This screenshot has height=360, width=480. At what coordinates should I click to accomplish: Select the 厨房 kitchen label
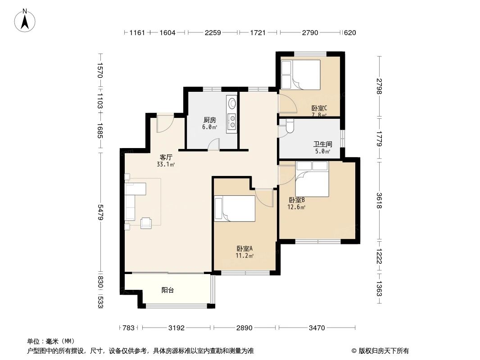coord(210,120)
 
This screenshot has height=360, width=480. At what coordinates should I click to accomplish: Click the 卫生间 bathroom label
coord(323,144)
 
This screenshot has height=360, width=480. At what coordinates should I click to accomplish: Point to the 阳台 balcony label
coord(168,290)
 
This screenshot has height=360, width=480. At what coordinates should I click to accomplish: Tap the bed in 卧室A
coord(235,209)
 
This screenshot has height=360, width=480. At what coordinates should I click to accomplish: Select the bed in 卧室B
coord(312,179)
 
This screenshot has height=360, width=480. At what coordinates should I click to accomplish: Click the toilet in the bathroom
coord(289,127)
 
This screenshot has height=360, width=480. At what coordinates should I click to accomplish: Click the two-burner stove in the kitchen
coord(232,121)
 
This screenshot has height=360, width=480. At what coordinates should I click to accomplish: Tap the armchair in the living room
coord(146,222)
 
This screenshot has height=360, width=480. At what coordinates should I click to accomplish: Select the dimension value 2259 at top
coord(212,32)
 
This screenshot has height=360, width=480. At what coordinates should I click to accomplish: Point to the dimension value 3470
coord(317,328)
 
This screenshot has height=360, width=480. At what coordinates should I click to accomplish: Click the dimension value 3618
coord(380,200)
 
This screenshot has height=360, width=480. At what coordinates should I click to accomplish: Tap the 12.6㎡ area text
coord(297,207)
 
